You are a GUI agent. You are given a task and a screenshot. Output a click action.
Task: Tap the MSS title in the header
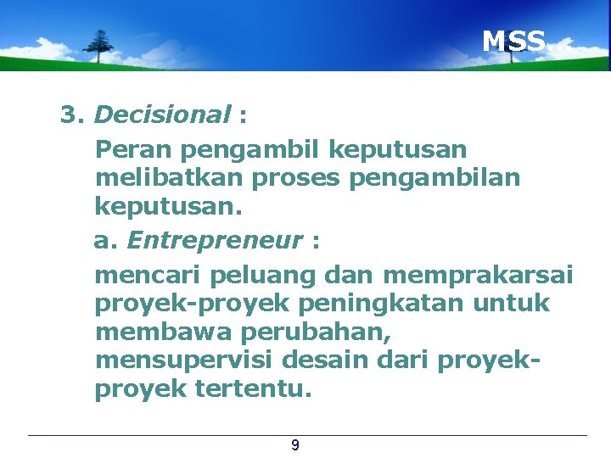tap(514, 41)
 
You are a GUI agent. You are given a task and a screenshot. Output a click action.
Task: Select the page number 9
tap(294, 445)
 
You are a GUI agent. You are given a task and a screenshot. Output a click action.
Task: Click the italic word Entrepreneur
tap(215, 241)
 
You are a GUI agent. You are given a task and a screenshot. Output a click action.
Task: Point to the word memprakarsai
tap(478, 276)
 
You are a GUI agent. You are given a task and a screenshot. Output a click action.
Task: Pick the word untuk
tap(515, 304)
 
